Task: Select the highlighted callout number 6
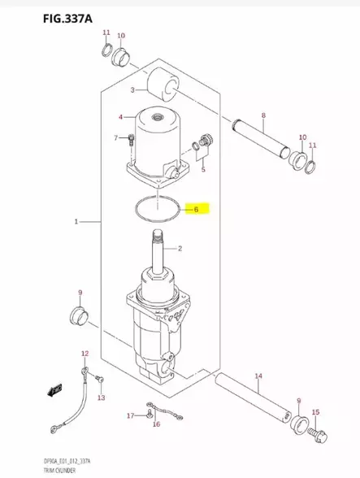point(196,209)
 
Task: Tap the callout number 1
point(76,221)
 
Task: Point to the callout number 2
point(180,249)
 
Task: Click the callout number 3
point(132,89)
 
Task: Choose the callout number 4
point(120,117)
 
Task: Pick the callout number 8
point(262,117)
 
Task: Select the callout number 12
point(85,354)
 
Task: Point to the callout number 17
point(129,416)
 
